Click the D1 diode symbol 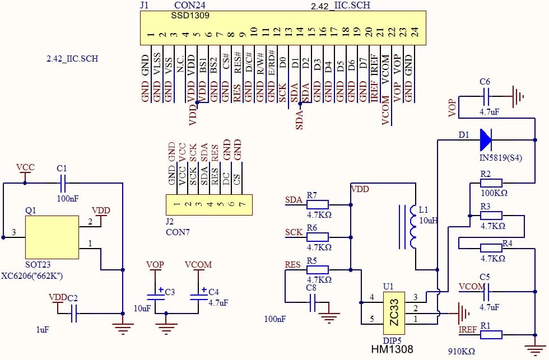486,140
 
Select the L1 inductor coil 413,227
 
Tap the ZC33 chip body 394,314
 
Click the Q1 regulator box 52,237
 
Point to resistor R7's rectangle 318,205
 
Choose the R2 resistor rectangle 491,183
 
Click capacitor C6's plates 486,96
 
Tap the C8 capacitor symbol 313,303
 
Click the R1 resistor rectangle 491,335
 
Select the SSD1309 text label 190,15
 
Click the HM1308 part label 392,349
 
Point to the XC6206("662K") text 32,276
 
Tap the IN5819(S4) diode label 501,158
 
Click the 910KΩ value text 462,351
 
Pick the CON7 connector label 178,232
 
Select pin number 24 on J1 415,32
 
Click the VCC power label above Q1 26,167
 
